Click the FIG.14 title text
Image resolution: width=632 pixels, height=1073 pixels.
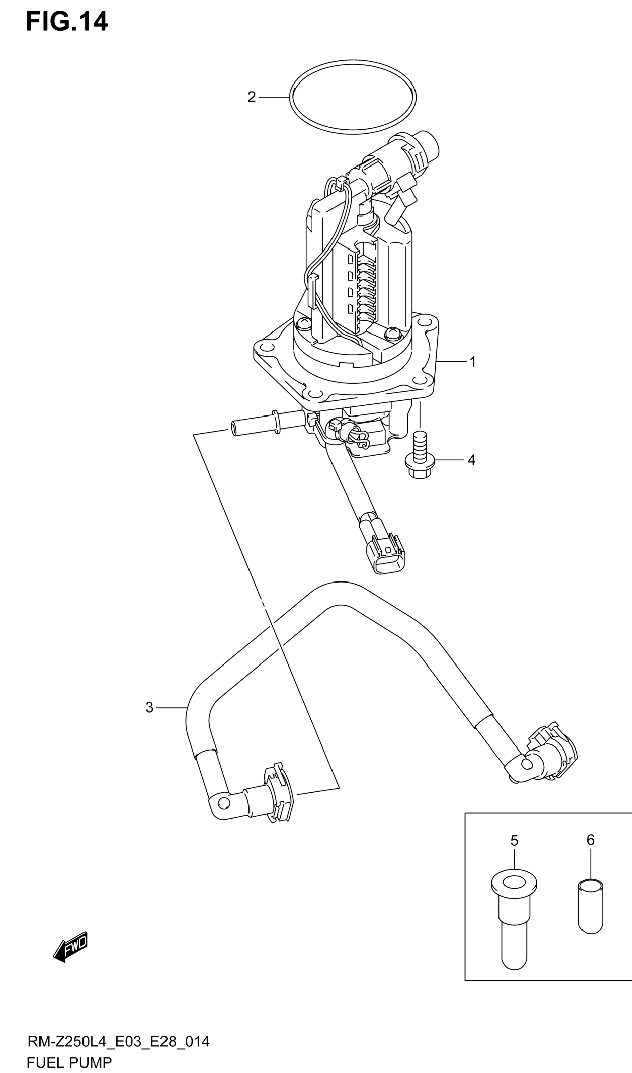pyautogui.click(x=67, y=22)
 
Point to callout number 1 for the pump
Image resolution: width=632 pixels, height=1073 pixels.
pyautogui.click(x=472, y=362)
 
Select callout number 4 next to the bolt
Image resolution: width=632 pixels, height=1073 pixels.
pyautogui.click(x=471, y=460)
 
